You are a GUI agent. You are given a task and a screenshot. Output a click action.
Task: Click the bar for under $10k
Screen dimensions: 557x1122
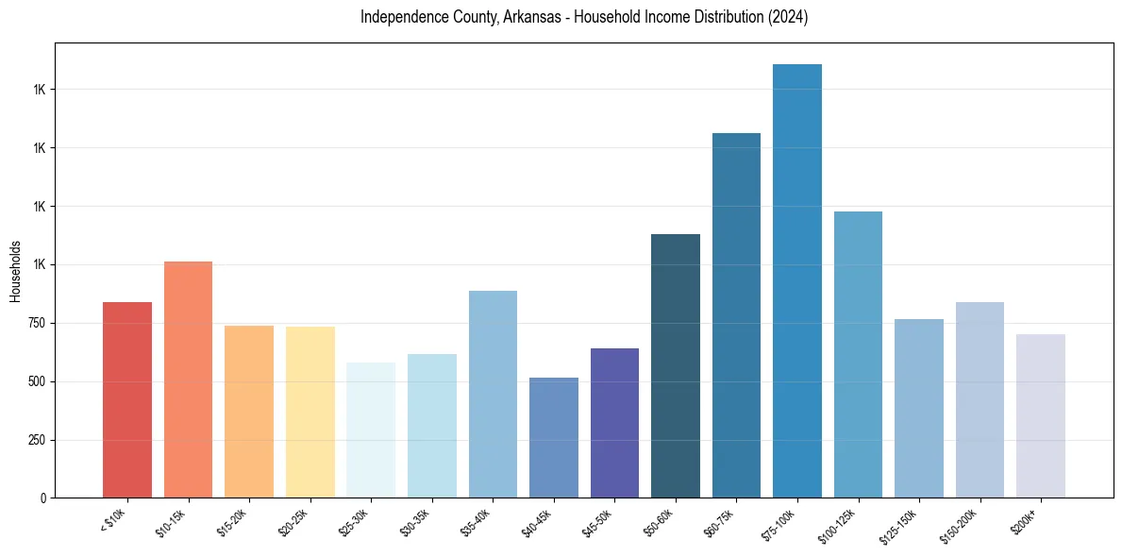127,400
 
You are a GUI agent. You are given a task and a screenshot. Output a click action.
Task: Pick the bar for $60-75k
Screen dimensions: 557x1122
736,315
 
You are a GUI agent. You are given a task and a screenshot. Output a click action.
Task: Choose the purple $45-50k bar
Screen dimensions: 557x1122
614,423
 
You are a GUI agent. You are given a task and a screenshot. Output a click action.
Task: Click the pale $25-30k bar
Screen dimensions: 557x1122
371,430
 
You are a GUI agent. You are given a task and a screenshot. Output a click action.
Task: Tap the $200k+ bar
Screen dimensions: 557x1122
1041,416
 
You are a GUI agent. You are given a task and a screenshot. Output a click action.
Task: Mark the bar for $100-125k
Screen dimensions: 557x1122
858,355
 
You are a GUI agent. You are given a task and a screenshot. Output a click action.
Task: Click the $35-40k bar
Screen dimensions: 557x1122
493,395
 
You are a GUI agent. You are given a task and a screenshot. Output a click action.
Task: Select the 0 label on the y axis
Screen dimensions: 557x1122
41,498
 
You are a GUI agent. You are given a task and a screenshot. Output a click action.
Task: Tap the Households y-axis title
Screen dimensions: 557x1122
15,271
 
